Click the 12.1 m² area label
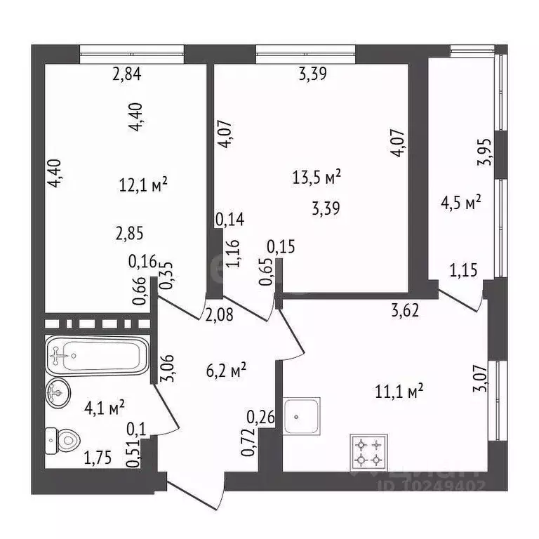tap(143, 185)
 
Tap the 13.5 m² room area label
tap(317, 178)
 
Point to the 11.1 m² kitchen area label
tap(402, 392)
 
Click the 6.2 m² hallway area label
tap(225, 369)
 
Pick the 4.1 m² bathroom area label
tap(105, 406)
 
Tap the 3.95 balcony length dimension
tap(484, 152)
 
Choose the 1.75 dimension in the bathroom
tap(98, 460)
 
